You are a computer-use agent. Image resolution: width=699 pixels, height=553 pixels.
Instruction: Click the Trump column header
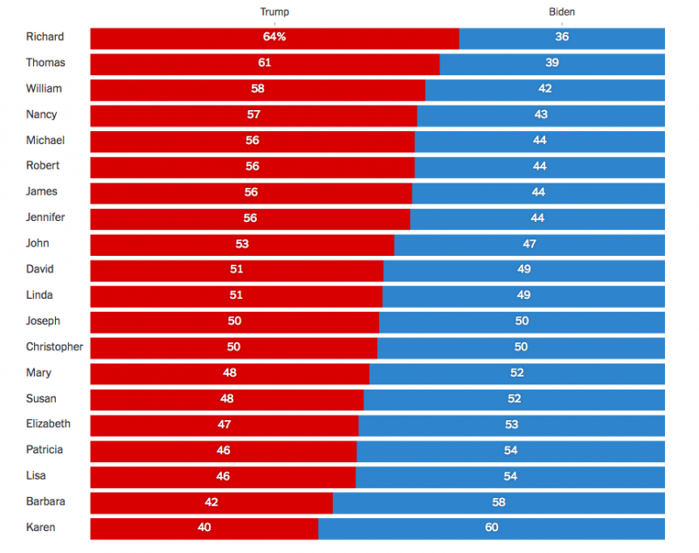click(274, 12)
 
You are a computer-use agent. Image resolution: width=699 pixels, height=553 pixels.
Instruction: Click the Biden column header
click(562, 12)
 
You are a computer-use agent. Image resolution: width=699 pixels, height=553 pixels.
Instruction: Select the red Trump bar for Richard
click(274, 38)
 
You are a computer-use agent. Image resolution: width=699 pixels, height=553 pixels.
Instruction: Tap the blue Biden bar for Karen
click(491, 529)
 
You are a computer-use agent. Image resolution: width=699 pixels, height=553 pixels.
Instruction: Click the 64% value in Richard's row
click(274, 37)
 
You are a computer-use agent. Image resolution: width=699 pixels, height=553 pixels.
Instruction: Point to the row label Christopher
click(54, 347)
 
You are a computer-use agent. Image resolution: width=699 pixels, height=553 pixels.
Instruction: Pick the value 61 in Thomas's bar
click(265, 62)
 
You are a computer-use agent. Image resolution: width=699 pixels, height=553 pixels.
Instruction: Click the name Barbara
click(45, 501)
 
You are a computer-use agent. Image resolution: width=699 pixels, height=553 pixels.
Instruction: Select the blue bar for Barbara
click(498, 503)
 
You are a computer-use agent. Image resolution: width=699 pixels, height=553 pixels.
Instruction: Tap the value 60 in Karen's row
click(491, 528)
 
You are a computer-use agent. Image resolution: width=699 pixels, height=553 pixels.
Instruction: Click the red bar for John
click(242, 245)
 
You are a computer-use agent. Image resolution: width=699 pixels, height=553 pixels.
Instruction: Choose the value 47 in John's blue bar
click(529, 244)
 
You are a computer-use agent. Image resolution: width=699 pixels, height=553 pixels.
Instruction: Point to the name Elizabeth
click(48, 424)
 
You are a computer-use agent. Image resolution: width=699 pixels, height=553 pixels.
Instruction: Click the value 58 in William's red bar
click(258, 88)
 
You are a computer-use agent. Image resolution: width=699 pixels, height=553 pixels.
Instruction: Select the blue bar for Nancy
click(541, 116)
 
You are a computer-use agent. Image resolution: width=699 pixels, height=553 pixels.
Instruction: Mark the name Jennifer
click(45, 217)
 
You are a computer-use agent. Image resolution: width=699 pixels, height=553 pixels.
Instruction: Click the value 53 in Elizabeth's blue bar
click(511, 425)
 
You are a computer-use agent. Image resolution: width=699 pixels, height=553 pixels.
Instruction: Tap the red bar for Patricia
click(224, 452)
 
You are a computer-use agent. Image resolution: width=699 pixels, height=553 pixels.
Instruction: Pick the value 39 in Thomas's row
click(552, 62)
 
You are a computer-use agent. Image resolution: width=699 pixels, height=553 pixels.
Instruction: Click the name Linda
click(39, 295)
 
